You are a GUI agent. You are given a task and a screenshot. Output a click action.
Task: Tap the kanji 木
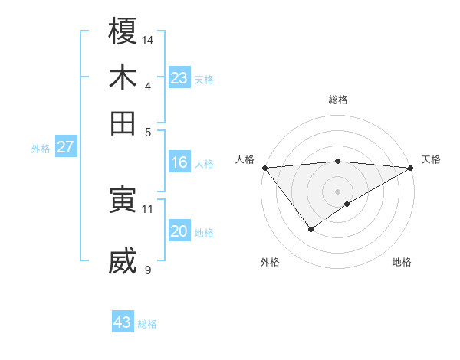[x=123, y=77]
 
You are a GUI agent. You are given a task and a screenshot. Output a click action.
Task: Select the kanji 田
[x=123, y=122]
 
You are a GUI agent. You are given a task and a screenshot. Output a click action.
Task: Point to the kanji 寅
[x=123, y=200]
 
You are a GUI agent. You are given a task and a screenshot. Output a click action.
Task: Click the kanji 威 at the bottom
[x=123, y=262]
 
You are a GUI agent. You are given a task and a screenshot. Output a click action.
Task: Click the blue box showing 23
[x=179, y=77]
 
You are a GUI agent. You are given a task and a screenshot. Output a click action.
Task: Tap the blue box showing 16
[x=179, y=162]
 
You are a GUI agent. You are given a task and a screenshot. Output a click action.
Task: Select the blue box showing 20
[x=179, y=232]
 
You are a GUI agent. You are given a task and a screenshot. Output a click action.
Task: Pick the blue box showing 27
[x=65, y=147]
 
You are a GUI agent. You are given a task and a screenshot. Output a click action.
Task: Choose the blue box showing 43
[x=123, y=322]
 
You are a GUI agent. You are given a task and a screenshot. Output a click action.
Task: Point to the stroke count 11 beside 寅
[x=148, y=208]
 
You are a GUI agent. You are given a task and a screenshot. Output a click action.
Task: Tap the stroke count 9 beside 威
[x=148, y=270]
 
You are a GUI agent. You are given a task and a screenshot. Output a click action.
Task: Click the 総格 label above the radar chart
[x=337, y=100]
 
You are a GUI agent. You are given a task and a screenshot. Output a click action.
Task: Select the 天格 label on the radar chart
[x=431, y=159]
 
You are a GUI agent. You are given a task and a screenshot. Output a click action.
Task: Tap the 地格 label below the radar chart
[x=402, y=262]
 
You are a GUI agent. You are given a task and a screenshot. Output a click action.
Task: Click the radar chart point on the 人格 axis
[x=264, y=168]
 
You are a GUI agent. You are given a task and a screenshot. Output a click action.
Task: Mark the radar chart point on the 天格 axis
[x=411, y=168]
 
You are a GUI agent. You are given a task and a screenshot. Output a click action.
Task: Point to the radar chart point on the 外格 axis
[x=310, y=229]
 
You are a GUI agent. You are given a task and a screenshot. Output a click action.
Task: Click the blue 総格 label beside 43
[x=147, y=324]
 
